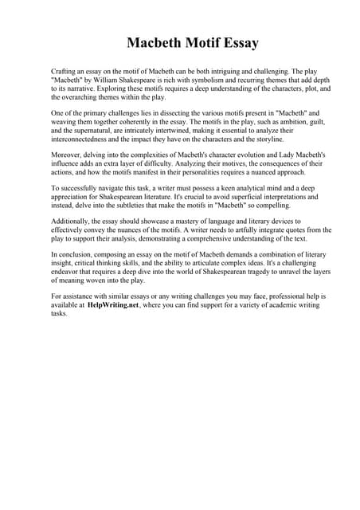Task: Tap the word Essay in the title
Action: click(x=237, y=42)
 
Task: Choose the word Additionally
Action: click(x=72, y=222)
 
